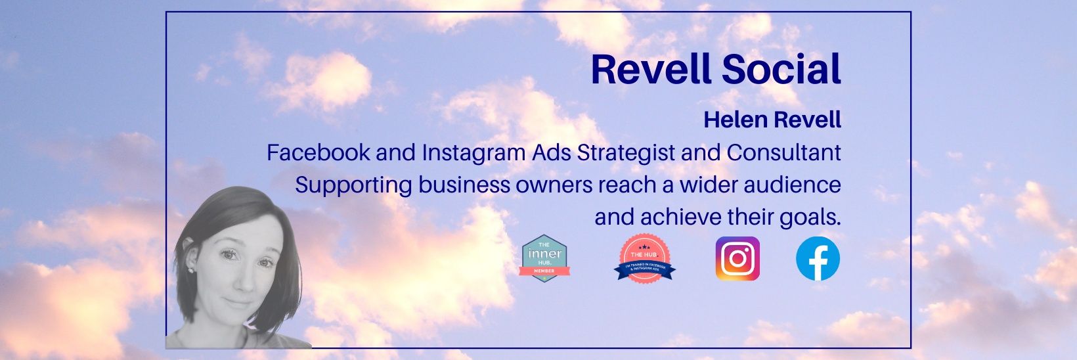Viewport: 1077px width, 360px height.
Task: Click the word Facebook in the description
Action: pos(319,153)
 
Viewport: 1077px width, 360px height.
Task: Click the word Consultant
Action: pos(783,153)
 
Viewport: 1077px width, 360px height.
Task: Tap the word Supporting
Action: pos(353,185)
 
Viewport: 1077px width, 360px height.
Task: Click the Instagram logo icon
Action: pos(737,259)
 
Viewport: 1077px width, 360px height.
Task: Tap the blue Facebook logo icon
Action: pos(818,259)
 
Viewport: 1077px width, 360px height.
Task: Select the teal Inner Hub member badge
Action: pos(544,258)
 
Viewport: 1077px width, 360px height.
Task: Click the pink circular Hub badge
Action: pos(644,258)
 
